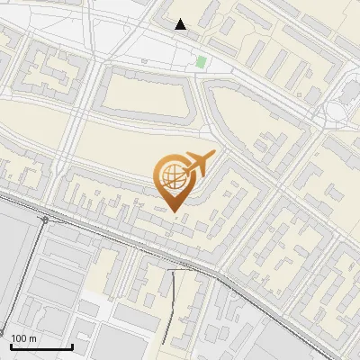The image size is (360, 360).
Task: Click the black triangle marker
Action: point(181,24)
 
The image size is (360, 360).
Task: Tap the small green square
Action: point(201,62)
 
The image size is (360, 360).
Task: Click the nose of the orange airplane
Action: point(214,153)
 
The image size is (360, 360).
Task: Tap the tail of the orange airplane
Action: point(184,171)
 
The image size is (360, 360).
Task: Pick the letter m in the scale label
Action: point(32,338)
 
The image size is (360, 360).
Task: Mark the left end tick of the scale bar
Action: point(11,346)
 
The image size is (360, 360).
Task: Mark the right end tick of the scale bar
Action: point(72,346)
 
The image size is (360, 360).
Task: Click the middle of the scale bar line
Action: point(41,347)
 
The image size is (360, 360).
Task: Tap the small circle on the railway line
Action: point(44,219)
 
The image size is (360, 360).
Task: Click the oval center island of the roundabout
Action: point(337,112)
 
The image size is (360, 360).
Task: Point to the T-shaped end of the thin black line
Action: point(173,269)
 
